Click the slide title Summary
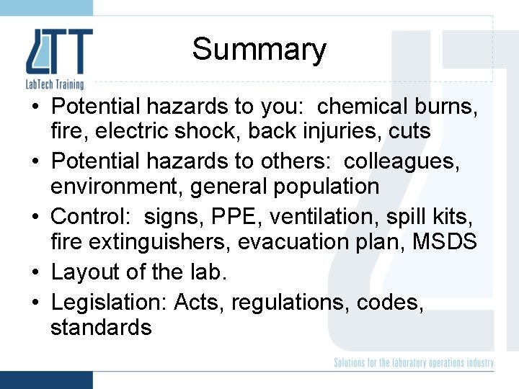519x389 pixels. (x=259, y=50)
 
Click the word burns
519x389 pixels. (x=448, y=107)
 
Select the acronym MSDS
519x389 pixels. (x=445, y=241)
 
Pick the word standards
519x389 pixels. (x=101, y=328)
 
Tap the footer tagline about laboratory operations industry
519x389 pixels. (x=414, y=363)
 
